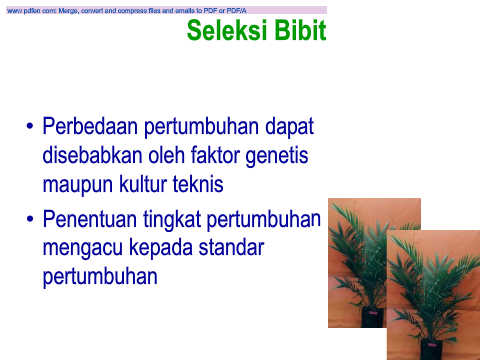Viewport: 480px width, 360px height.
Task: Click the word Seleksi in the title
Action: [x=227, y=30]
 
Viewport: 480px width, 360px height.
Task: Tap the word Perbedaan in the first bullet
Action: [x=90, y=126]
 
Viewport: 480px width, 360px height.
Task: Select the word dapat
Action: [x=289, y=127]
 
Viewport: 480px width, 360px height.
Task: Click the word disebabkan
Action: [x=92, y=155]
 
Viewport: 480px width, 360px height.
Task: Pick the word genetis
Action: [x=277, y=156]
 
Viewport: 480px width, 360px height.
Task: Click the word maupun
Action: [x=78, y=186]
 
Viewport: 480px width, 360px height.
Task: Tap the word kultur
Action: [x=143, y=184]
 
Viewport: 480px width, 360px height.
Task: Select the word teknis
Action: [x=198, y=184]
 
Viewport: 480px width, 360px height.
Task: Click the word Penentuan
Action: [x=90, y=219]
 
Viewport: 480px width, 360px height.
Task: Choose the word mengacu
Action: [x=83, y=249]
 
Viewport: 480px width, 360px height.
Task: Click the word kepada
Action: [x=161, y=249]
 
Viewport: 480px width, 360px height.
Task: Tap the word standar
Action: [x=231, y=248]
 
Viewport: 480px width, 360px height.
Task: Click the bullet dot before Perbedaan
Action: [x=30, y=127]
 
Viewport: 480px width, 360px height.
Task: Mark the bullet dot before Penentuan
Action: [x=30, y=219]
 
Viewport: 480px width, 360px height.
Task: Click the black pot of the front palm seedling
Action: [x=432, y=349]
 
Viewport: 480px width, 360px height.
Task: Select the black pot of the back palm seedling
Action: [x=373, y=317]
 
